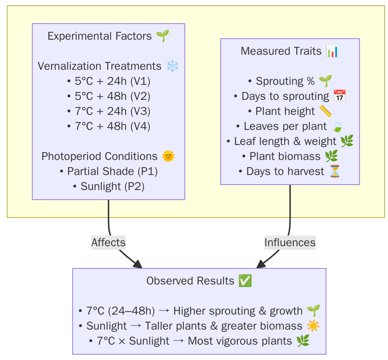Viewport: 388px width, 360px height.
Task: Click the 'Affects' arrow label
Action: pyautogui.click(x=108, y=243)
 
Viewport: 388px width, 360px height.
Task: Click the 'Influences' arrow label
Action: pyautogui.click(x=290, y=243)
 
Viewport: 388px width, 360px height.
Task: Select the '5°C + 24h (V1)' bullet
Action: pyautogui.click(x=109, y=81)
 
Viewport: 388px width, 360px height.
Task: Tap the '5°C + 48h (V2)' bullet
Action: pyautogui.click(x=109, y=96)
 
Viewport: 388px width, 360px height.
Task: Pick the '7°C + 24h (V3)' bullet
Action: pyautogui.click(x=109, y=111)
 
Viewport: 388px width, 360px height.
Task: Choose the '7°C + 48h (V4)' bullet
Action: pyautogui.click(x=109, y=126)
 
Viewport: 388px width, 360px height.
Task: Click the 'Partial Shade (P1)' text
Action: pyautogui.click(x=112, y=171)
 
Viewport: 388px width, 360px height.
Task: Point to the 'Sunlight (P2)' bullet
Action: pyautogui.click(x=109, y=186)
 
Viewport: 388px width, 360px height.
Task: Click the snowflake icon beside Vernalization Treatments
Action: pyautogui.click(x=172, y=66)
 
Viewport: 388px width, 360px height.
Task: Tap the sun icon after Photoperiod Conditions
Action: pyautogui.click(x=168, y=156)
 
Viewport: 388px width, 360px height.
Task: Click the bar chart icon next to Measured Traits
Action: pyautogui.click(x=332, y=51)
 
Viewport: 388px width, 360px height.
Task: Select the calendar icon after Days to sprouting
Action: pyautogui.click(x=339, y=96)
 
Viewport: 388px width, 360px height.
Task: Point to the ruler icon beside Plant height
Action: pyautogui.click(x=325, y=111)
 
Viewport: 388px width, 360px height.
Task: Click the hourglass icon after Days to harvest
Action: pyautogui.click(x=335, y=171)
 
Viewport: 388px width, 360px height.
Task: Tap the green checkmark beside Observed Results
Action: pyautogui.click(x=245, y=281)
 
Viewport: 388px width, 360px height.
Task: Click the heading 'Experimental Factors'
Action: pyautogui.click(x=100, y=36)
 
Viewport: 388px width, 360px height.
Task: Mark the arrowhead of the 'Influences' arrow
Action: pyautogui.click(x=260, y=265)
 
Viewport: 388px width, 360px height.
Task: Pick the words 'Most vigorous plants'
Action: pyautogui.click(x=240, y=341)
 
